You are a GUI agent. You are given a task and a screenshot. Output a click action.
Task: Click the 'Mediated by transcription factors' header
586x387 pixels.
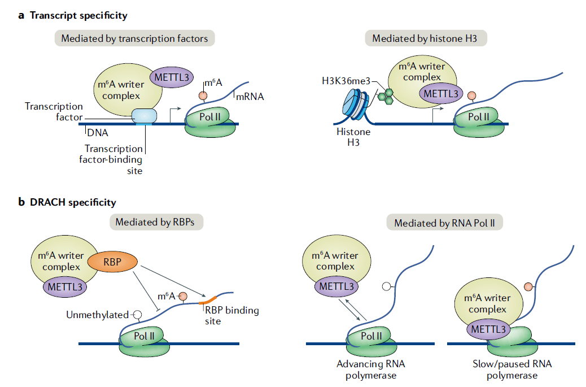pos(134,39)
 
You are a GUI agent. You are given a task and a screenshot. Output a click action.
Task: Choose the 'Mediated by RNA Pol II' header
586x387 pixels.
pos(444,223)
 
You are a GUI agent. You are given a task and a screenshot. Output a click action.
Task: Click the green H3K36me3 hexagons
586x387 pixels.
pos(384,95)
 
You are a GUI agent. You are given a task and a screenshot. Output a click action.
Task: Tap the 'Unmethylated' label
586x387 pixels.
pos(97,315)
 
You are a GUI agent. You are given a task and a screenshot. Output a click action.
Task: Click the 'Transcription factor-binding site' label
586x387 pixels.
pos(113,159)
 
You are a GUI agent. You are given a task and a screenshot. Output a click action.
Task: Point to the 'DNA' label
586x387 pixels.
pos(98,133)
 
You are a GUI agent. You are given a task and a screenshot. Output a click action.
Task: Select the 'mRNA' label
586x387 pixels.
pos(250,97)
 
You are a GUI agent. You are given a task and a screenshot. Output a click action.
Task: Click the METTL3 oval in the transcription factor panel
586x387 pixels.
pos(172,75)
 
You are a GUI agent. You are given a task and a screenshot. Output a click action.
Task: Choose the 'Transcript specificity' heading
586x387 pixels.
pos(78,15)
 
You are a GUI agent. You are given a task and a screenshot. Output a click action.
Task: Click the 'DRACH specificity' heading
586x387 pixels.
pos(73,202)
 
